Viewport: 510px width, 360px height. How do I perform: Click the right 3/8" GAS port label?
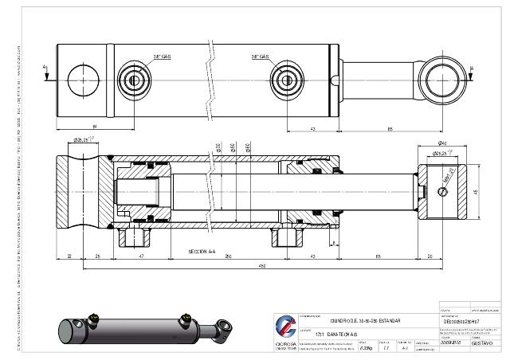pyautogui.click(x=261, y=57)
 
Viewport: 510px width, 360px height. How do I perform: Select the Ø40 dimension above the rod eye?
pyautogui.click(x=440, y=144)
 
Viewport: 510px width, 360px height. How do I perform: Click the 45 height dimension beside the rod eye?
pyautogui.click(x=475, y=190)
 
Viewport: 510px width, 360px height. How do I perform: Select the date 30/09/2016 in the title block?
pyautogui.click(x=452, y=342)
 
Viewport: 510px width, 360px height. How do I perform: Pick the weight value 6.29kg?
pyautogui.click(x=367, y=347)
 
